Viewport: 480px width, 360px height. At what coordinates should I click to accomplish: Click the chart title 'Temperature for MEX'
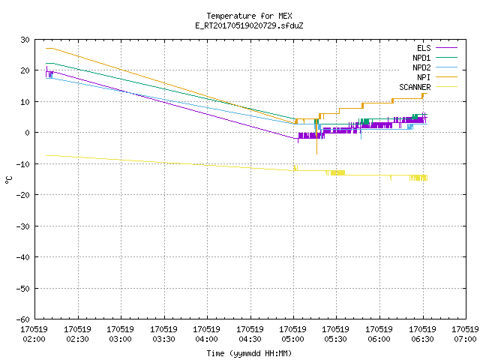[x=249, y=16]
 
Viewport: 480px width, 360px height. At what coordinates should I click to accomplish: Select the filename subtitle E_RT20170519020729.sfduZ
[x=249, y=25]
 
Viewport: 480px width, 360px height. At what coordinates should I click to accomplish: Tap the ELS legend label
[x=424, y=48]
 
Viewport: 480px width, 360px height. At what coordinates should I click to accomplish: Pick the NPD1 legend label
[x=421, y=58]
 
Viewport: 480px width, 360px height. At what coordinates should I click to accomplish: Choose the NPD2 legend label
[x=421, y=67]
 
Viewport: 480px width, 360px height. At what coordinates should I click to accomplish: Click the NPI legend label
[x=424, y=77]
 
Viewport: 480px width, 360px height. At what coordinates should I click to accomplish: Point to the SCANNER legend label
[x=415, y=87]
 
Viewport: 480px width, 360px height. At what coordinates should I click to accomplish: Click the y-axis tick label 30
[x=25, y=40]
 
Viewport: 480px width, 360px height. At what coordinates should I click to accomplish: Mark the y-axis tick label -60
[x=22, y=319]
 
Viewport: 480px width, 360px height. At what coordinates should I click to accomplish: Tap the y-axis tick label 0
[x=28, y=133]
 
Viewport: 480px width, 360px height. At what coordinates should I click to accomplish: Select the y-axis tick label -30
[x=22, y=226]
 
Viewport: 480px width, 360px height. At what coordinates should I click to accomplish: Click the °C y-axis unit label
[x=8, y=180]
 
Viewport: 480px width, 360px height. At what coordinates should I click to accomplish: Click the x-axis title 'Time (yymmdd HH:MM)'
[x=249, y=353]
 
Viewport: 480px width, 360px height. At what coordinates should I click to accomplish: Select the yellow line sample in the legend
[x=447, y=87]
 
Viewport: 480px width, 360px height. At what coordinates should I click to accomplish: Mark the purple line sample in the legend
[x=447, y=48]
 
